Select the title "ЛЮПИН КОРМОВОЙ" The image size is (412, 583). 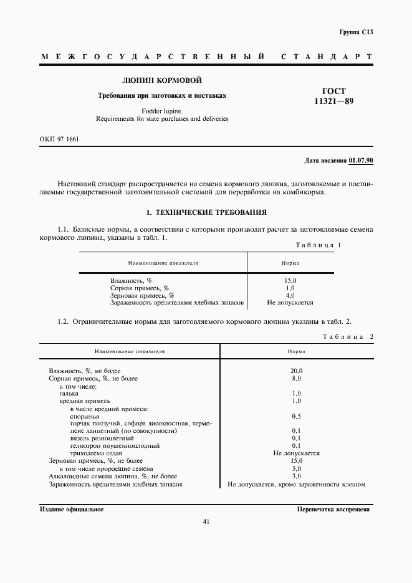161,80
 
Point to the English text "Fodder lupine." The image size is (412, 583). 161,110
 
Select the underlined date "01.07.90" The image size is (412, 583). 361,161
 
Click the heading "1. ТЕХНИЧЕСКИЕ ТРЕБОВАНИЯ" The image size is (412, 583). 206,212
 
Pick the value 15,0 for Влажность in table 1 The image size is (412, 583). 290,281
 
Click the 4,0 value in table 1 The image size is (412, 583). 290,295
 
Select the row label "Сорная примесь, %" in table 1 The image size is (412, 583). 140,288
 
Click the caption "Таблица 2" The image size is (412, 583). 347,337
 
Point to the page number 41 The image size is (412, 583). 206,522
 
